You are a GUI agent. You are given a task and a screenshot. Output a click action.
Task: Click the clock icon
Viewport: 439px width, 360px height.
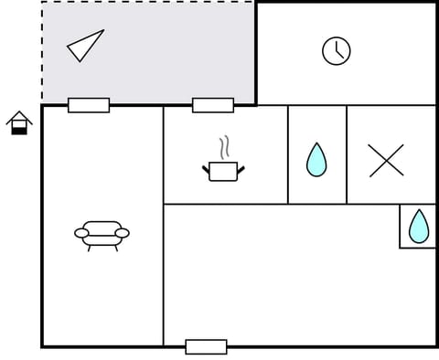coord(337,51)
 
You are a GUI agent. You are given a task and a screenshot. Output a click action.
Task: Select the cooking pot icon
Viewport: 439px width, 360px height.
coord(223,170)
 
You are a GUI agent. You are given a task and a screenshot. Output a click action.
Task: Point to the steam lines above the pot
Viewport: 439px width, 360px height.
coord(223,147)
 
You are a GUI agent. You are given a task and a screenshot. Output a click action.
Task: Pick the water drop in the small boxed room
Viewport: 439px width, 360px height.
coord(419,226)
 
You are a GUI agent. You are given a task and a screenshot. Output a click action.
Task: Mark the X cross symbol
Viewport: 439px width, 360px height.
coord(386,160)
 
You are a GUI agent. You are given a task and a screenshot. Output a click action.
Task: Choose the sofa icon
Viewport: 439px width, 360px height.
coord(102,234)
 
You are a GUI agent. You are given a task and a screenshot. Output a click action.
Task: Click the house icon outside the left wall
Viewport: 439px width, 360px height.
coord(19,122)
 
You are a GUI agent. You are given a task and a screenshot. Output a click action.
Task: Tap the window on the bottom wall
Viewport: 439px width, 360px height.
coord(206,346)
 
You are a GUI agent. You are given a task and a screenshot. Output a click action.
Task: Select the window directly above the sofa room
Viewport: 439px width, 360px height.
coord(89,105)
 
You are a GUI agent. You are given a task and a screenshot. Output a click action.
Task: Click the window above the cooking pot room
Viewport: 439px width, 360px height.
coord(213,105)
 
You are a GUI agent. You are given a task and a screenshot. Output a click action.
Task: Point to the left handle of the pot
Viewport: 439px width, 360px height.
coord(206,167)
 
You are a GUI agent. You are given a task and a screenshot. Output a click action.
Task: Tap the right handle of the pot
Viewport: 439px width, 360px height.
coord(241,167)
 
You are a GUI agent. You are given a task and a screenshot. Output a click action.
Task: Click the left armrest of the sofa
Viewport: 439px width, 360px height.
coord(81,234)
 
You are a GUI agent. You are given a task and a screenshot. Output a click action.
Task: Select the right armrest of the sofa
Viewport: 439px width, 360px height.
coord(123,234)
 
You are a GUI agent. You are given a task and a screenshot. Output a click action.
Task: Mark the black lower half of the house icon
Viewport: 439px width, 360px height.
coord(19,130)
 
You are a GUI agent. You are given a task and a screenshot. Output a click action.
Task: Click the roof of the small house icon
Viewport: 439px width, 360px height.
coord(19,116)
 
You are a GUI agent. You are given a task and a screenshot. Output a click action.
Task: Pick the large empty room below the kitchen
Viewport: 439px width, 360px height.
coord(284,274)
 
